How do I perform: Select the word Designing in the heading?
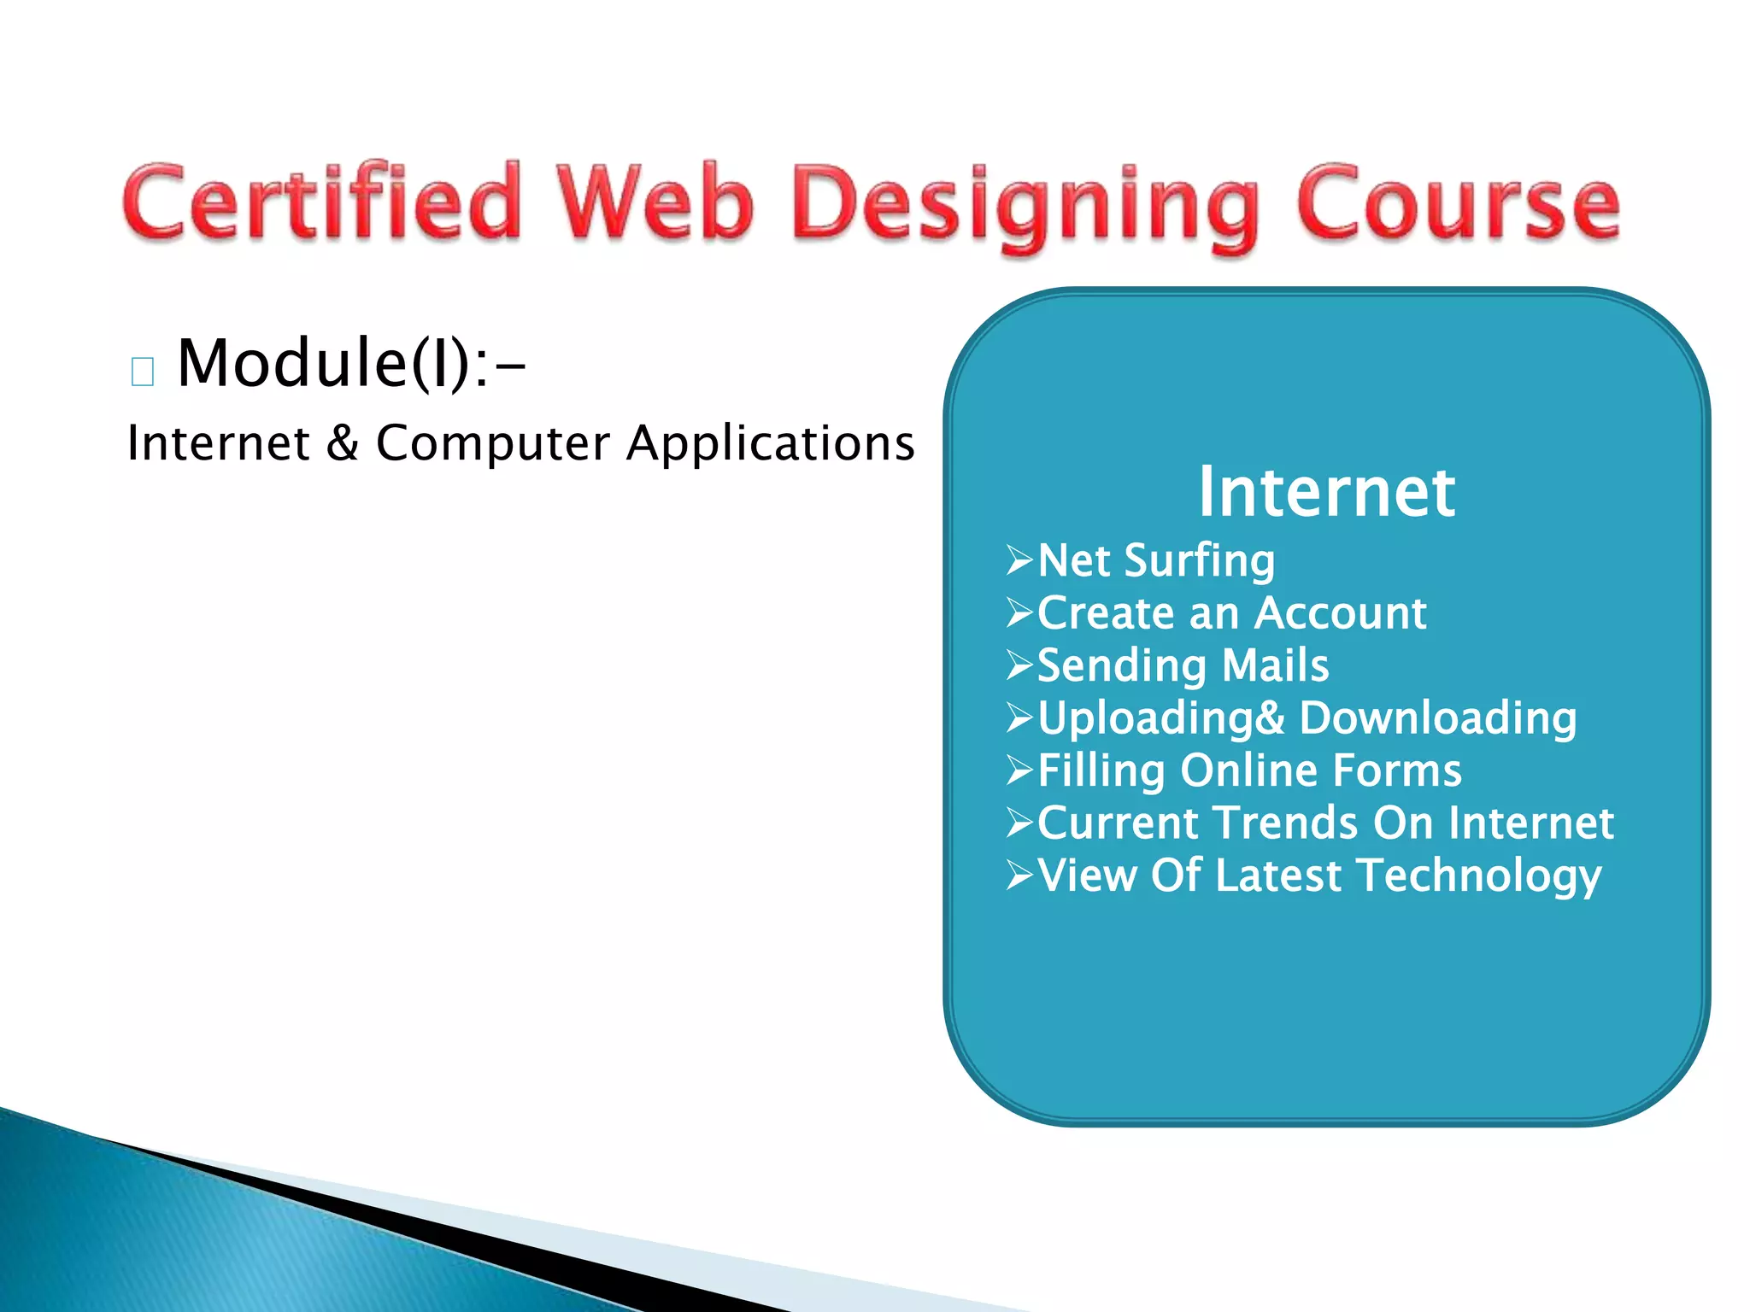click(1025, 205)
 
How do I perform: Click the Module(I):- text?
click(350, 363)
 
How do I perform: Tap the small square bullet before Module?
click(143, 372)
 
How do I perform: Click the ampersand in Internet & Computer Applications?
click(342, 443)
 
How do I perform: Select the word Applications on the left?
click(770, 443)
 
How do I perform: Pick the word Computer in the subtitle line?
click(493, 443)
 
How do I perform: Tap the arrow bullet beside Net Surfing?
click(1019, 560)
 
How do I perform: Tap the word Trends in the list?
click(1286, 823)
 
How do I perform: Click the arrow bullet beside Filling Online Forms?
click(1019, 770)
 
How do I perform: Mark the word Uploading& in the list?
click(1160, 717)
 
